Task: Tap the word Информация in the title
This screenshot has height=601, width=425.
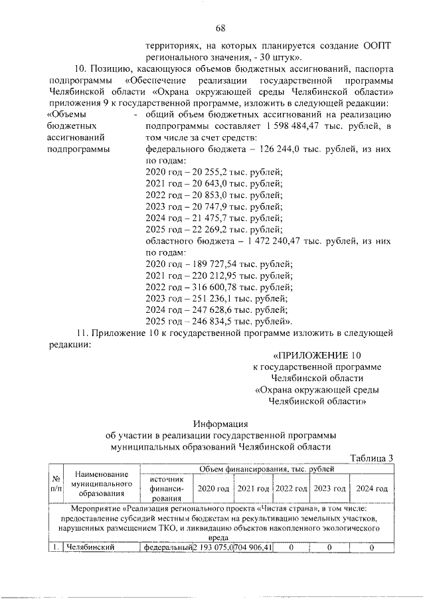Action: point(220,423)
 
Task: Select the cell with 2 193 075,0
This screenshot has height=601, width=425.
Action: point(213,547)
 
